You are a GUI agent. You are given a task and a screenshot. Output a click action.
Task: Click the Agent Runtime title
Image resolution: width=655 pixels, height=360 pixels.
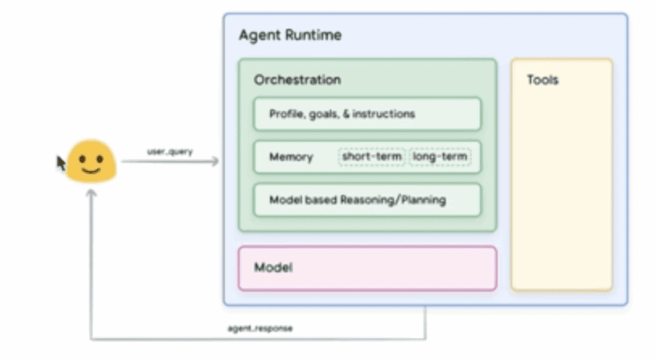click(x=290, y=35)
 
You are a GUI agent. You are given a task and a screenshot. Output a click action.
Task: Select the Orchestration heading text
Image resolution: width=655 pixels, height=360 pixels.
click(x=297, y=80)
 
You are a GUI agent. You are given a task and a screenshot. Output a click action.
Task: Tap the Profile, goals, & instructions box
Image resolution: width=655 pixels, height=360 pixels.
click(x=367, y=114)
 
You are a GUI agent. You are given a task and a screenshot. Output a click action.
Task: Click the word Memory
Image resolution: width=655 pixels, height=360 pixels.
click(x=291, y=157)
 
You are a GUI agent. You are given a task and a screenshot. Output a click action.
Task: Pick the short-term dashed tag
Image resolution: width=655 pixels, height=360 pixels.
click(x=372, y=157)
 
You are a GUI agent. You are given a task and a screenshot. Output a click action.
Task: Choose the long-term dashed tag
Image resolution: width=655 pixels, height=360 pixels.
click(x=439, y=157)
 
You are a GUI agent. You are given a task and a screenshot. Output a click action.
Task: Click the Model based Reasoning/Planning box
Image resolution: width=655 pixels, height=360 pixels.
click(x=367, y=200)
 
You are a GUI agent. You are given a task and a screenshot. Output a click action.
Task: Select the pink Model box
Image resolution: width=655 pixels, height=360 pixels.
click(x=367, y=268)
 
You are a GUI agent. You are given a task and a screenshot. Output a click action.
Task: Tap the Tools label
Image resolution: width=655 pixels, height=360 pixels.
click(x=542, y=80)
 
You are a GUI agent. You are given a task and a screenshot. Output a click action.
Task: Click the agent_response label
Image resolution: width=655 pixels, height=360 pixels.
click(x=260, y=329)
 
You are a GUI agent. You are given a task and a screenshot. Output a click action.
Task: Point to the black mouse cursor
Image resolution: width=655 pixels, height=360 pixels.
click(x=61, y=164)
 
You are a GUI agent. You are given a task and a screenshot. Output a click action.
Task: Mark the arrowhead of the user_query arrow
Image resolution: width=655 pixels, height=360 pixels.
click(x=215, y=162)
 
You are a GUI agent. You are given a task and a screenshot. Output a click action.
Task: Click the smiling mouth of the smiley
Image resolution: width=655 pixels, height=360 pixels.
click(x=91, y=171)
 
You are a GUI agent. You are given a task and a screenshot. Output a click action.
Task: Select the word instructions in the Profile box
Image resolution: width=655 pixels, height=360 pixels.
click(x=383, y=114)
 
